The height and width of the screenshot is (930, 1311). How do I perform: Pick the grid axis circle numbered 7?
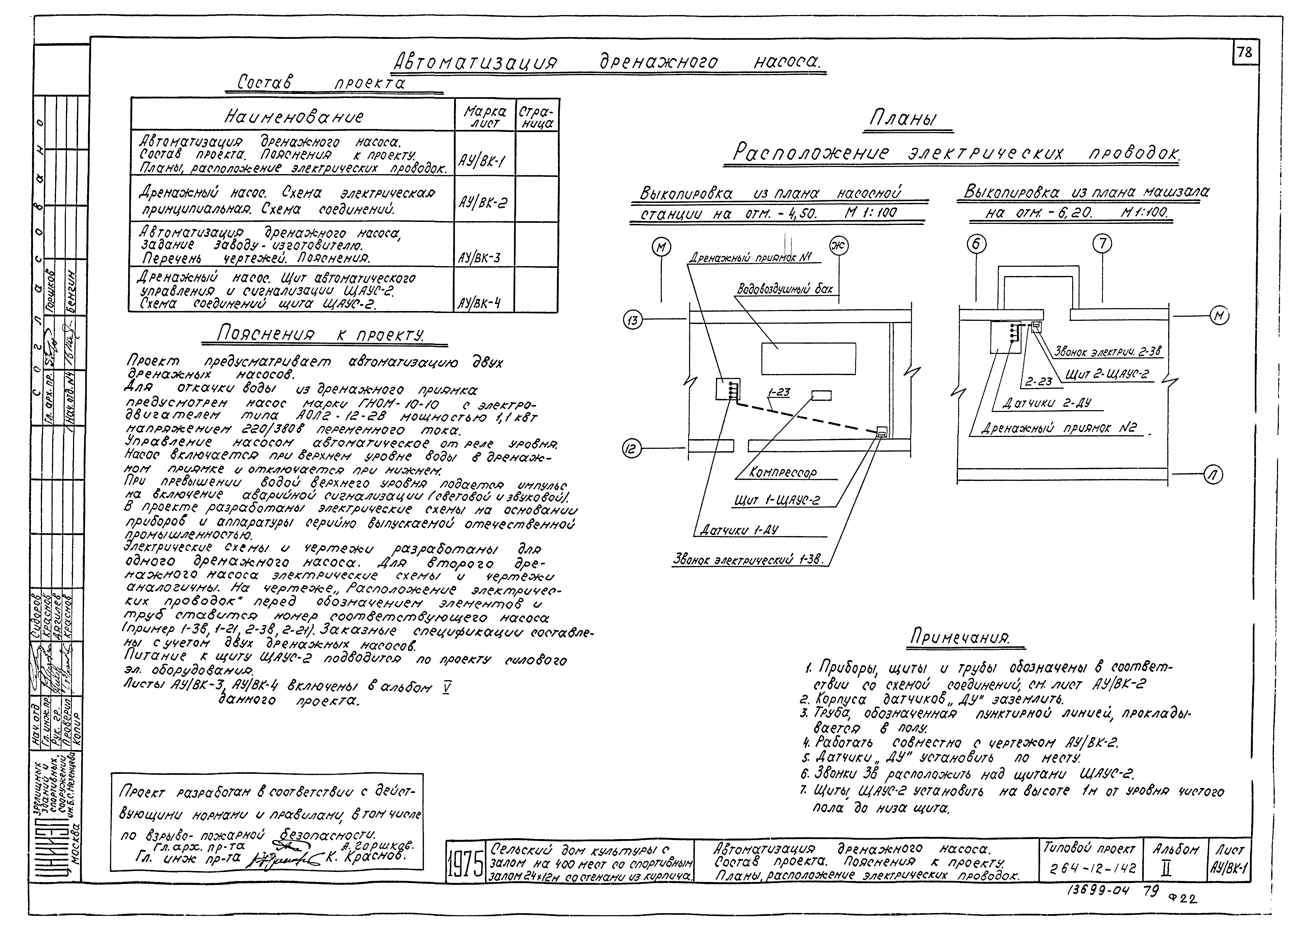pyautogui.click(x=1102, y=244)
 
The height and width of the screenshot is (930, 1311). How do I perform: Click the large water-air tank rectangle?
pyautogui.click(x=808, y=359)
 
